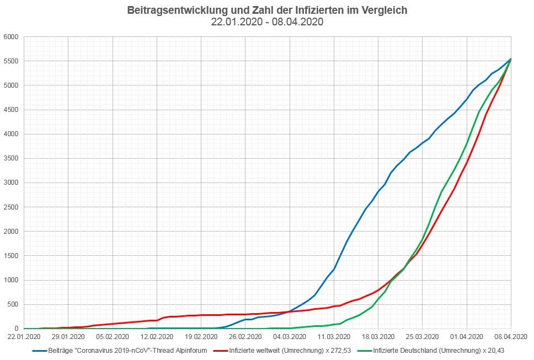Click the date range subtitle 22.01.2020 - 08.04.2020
267,23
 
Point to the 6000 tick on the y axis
12,37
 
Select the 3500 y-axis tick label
12,159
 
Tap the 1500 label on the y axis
12,256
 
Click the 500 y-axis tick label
14,304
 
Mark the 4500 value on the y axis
12,110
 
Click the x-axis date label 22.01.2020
24,336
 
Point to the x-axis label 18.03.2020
378,336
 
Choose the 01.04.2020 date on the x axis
467,336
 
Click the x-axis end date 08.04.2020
511,336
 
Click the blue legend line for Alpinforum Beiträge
39,350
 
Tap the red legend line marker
220,350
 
